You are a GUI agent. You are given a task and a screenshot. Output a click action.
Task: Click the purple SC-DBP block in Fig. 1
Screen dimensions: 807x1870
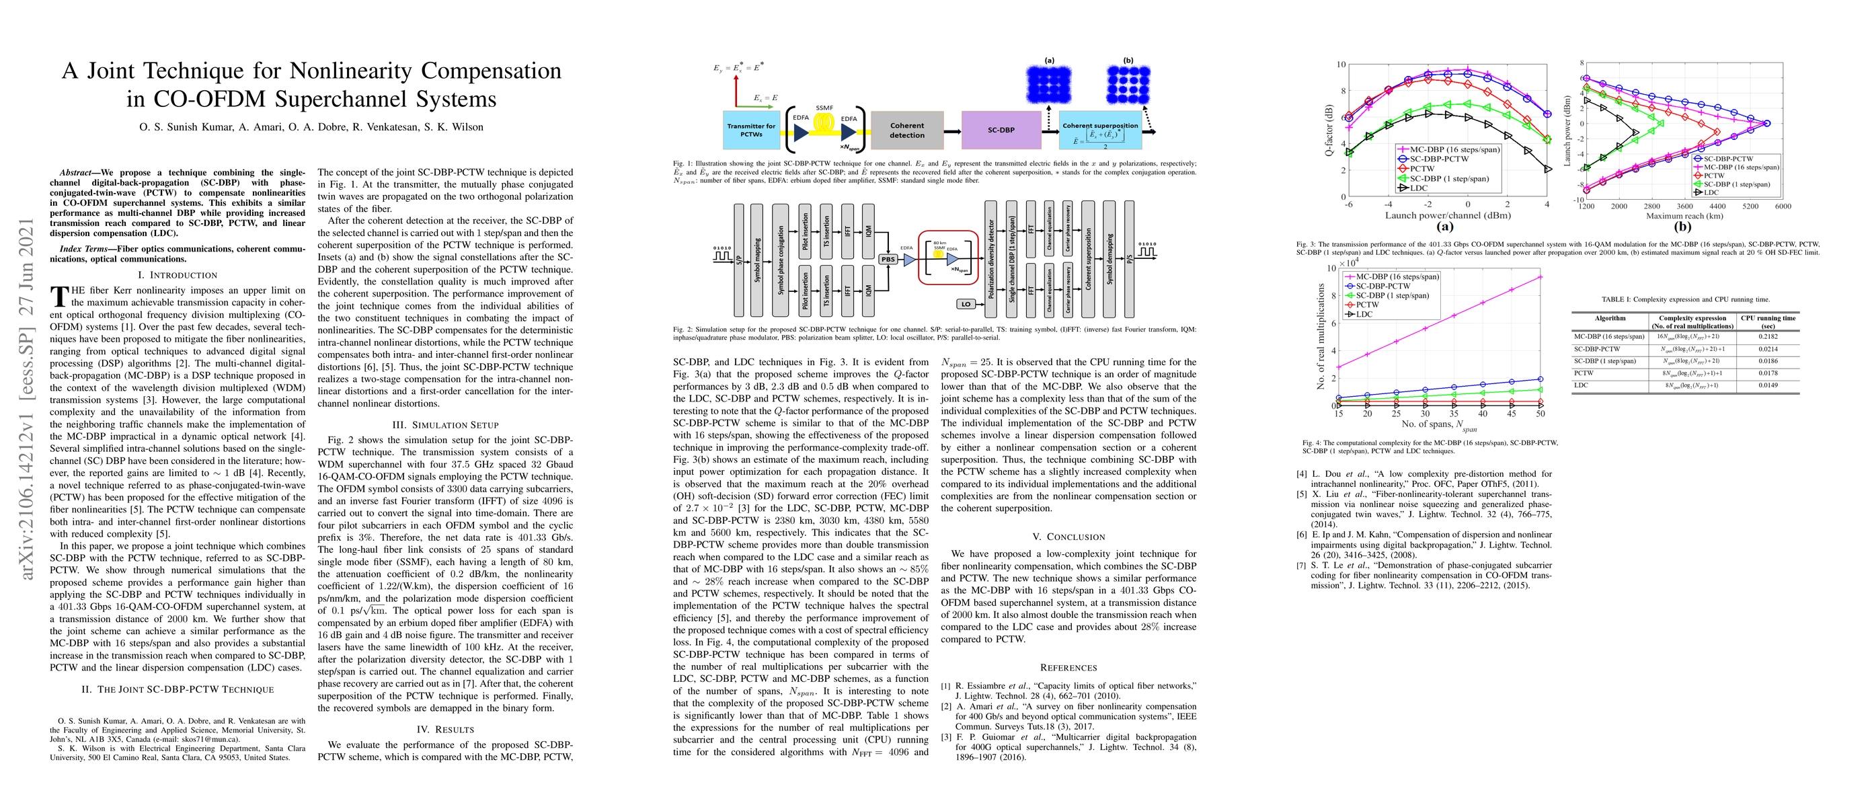pos(1001,130)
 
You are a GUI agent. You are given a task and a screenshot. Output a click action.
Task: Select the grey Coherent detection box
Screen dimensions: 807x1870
pos(906,130)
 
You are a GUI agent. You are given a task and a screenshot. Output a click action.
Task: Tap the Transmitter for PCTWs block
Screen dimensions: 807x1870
pos(750,130)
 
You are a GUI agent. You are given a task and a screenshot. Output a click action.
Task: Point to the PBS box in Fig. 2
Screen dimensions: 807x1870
pos(887,259)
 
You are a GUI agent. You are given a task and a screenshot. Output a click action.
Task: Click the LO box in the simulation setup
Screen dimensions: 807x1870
pos(966,304)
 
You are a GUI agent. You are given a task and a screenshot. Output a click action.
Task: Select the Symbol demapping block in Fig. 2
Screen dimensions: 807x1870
pos(1109,259)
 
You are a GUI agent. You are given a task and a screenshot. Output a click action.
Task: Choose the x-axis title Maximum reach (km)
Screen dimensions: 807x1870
pos(1682,216)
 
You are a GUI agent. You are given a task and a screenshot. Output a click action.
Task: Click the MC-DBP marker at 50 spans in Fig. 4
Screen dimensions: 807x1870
pos(1540,276)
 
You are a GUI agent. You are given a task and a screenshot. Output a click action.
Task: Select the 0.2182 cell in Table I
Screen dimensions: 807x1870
pos(1768,337)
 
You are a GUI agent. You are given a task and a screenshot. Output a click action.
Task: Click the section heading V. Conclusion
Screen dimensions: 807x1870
pos(1068,537)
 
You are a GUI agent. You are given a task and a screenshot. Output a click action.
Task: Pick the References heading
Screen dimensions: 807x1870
pos(1068,668)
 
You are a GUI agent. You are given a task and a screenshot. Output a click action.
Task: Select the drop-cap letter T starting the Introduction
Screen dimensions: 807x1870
pos(60,296)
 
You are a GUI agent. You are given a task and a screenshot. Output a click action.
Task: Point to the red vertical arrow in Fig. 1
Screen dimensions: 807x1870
pos(736,90)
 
